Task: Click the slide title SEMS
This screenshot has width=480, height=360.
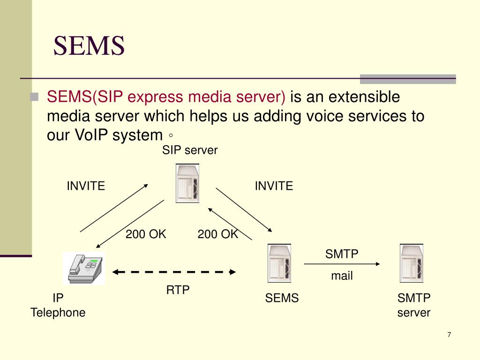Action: tap(89, 46)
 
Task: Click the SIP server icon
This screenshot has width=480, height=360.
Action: tap(187, 183)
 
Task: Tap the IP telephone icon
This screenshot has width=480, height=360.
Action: tap(84, 268)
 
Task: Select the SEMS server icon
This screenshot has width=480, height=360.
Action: tap(279, 263)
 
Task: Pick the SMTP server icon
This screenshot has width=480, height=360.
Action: tap(412, 263)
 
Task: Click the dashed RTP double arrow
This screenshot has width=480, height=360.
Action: tap(174, 271)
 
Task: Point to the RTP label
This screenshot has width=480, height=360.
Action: tap(178, 290)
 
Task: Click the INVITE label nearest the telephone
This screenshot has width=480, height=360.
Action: tap(86, 186)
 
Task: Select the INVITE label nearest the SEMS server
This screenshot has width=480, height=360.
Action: tap(274, 186)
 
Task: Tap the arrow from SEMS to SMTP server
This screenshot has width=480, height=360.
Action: tap(342, 264)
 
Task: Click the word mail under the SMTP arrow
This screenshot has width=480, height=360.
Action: tap(342, 276)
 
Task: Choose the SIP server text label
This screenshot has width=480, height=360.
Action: tap(190, 150)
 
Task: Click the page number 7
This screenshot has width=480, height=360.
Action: tap(449, 335)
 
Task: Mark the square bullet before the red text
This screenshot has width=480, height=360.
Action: tap(34, 97)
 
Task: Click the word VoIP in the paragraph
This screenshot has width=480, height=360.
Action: tap(91, 135)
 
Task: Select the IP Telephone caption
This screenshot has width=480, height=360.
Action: tap(58, 305)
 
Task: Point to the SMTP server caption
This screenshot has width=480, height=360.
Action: tap(414, 305)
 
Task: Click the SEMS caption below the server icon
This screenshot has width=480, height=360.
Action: tap(282, 298)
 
